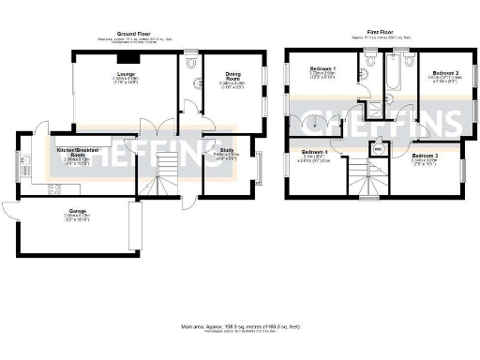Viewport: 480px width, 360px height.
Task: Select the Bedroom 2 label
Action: pyautogui.click(x=443, y=72)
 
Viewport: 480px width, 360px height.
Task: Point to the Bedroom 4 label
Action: pyautogui.click(x=314, y=152)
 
